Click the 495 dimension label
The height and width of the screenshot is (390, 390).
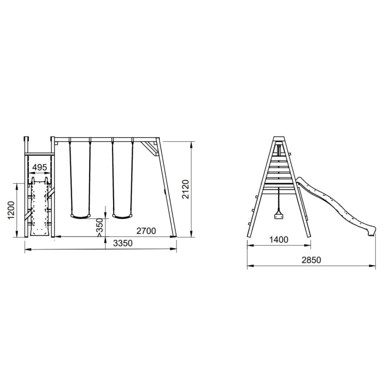coord(39,167)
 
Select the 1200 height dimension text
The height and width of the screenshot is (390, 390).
coord(11,210)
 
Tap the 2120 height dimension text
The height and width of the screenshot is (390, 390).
coord(186,189)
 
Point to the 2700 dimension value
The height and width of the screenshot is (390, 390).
coord(146,231)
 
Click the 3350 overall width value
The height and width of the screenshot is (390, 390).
coord(123,243)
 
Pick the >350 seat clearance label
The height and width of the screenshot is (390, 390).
coord(99,227)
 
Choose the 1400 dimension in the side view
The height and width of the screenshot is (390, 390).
coord(279,240)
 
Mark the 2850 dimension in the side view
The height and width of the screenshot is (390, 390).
coord(312,260)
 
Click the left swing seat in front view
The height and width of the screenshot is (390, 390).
coord(80,216)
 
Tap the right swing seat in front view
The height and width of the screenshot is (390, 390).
coord(122,216)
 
